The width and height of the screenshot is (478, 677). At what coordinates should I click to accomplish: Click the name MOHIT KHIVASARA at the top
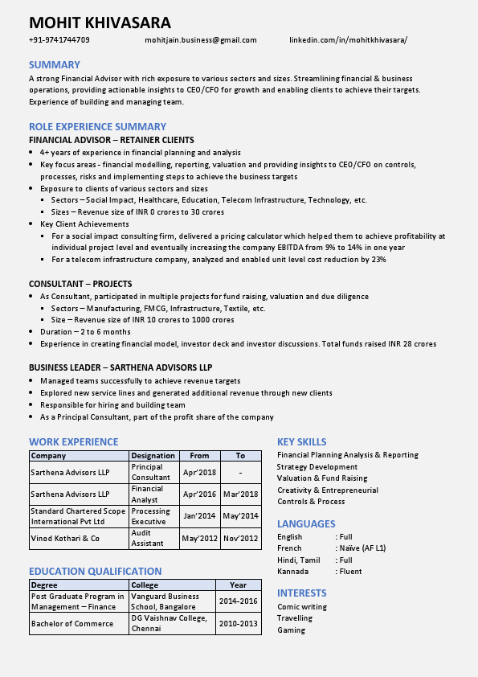click(x=100, y=22)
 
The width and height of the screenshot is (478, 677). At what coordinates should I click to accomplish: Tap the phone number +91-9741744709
click(x=59, y=39)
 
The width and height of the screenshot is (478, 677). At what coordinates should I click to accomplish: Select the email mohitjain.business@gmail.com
click(x=200, y=39)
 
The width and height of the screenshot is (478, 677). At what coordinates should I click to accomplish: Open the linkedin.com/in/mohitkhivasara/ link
click(x=348, y=39)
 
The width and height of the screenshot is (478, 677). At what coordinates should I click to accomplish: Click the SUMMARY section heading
click(x=54, y=64)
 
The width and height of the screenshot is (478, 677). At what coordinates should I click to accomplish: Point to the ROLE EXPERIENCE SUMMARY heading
click(x=97, y=126)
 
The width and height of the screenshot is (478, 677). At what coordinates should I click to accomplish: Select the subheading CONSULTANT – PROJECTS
click(x=80, y=284)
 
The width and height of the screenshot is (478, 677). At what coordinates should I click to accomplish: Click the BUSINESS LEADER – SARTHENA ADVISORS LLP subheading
click(x=121, y=367)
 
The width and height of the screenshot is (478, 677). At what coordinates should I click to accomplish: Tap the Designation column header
click(x=153, y=455)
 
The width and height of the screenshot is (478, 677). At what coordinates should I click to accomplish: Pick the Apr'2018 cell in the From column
click(x=199, y=472)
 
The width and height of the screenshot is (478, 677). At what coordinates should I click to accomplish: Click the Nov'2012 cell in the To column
click(x=241, y=538)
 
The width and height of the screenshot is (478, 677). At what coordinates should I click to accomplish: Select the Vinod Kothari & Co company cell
click(x=65, y=538)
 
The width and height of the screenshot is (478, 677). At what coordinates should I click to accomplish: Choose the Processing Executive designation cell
click(x=150, y=516)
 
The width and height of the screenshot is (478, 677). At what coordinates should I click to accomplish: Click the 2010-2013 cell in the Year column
click(x=238, y=623)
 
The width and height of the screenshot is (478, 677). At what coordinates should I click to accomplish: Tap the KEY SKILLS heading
click(x=301, y=441)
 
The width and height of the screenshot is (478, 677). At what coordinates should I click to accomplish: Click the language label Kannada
click(x=292, y=571)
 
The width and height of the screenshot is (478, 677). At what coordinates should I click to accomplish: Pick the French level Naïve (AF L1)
click(x=361, y=548)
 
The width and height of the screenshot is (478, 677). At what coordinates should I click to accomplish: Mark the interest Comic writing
click(x=301, y=606)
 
